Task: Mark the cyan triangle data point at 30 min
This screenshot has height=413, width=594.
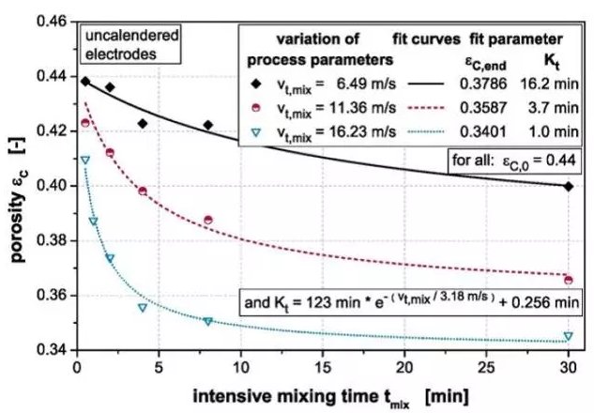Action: click(568, 336)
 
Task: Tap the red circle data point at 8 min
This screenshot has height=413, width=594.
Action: click(208, 220)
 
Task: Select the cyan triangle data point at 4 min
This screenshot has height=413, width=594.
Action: click(143, 308)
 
